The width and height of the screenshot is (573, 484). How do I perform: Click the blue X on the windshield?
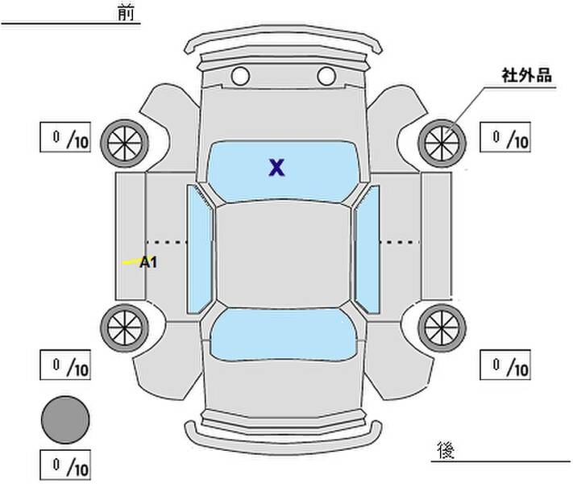(277, 168)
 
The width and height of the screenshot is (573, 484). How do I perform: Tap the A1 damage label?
(148, 262)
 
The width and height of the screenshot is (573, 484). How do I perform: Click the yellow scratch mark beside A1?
(129, 262)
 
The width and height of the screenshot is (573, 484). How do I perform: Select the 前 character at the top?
(126, 14)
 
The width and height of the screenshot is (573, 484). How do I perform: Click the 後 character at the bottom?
(445, 448)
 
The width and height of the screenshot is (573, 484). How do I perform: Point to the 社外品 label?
(526, 77)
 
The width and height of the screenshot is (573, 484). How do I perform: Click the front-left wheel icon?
(124, 142)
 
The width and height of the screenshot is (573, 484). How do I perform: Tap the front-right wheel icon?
(442, 142)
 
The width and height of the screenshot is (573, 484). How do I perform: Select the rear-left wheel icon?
(124, 326)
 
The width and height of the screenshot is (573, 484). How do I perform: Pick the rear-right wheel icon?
(442, 326)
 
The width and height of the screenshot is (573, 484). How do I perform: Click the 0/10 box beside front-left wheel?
(65, 138)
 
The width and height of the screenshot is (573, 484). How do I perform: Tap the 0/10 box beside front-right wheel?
(504, 138)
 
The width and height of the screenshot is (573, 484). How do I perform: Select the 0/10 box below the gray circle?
(65, 465)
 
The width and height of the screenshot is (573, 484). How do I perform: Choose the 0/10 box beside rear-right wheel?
(504, 365)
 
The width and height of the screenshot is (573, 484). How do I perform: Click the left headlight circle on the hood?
(239, 77)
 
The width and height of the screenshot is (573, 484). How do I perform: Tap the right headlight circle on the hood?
(326, 77)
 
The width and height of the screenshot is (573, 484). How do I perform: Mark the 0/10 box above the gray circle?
(65, 365)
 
